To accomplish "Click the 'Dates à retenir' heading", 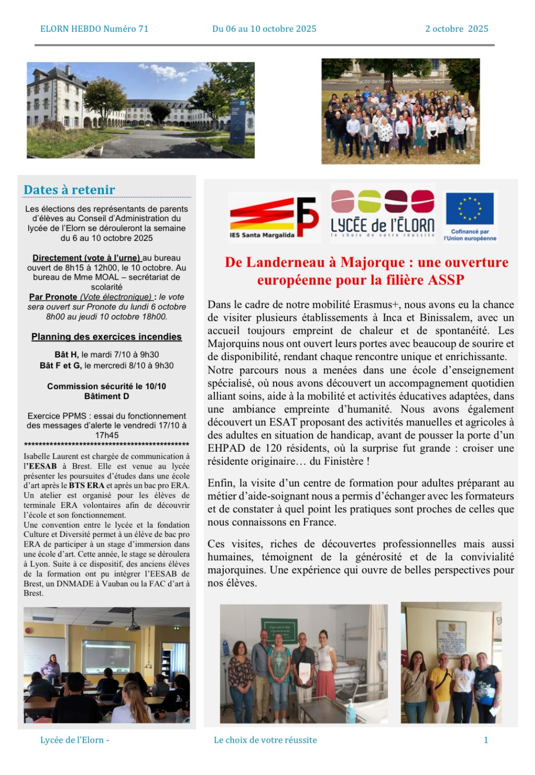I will [69, 190].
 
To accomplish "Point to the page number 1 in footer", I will [485, 740].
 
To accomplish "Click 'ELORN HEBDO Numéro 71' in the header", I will [94, 29].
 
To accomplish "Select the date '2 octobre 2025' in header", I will [457, 29].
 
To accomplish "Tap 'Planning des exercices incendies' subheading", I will [107, 337].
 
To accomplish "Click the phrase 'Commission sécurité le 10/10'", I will [107, 386].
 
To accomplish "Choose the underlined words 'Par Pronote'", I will [53, 297].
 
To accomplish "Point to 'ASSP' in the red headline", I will [447, 280].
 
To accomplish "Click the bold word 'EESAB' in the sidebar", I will [43, 466].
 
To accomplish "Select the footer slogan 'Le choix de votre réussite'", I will [265, 740].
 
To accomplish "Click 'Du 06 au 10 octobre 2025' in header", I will [264, 29].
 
